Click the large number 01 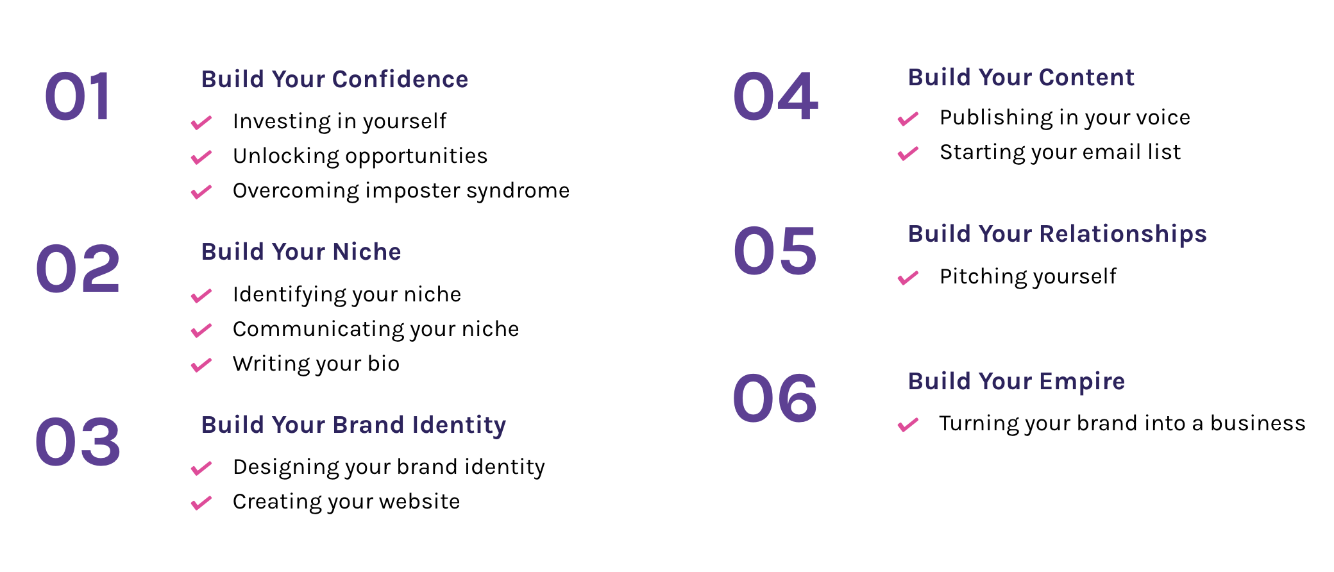(78, 96)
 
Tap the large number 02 (78, 269)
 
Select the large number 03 (78, 442)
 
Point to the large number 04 (775, 96)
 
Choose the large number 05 (775, 251)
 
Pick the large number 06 (775, 398)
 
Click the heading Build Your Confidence (335, 80)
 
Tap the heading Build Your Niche (301, 252)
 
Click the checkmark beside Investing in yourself (201, 122)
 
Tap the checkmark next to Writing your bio (201, 365)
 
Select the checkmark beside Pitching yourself (908, 278)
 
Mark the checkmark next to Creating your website (201, 503)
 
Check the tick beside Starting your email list (908, 153)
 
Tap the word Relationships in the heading (1123, 235)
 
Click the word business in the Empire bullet (1258, 423)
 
